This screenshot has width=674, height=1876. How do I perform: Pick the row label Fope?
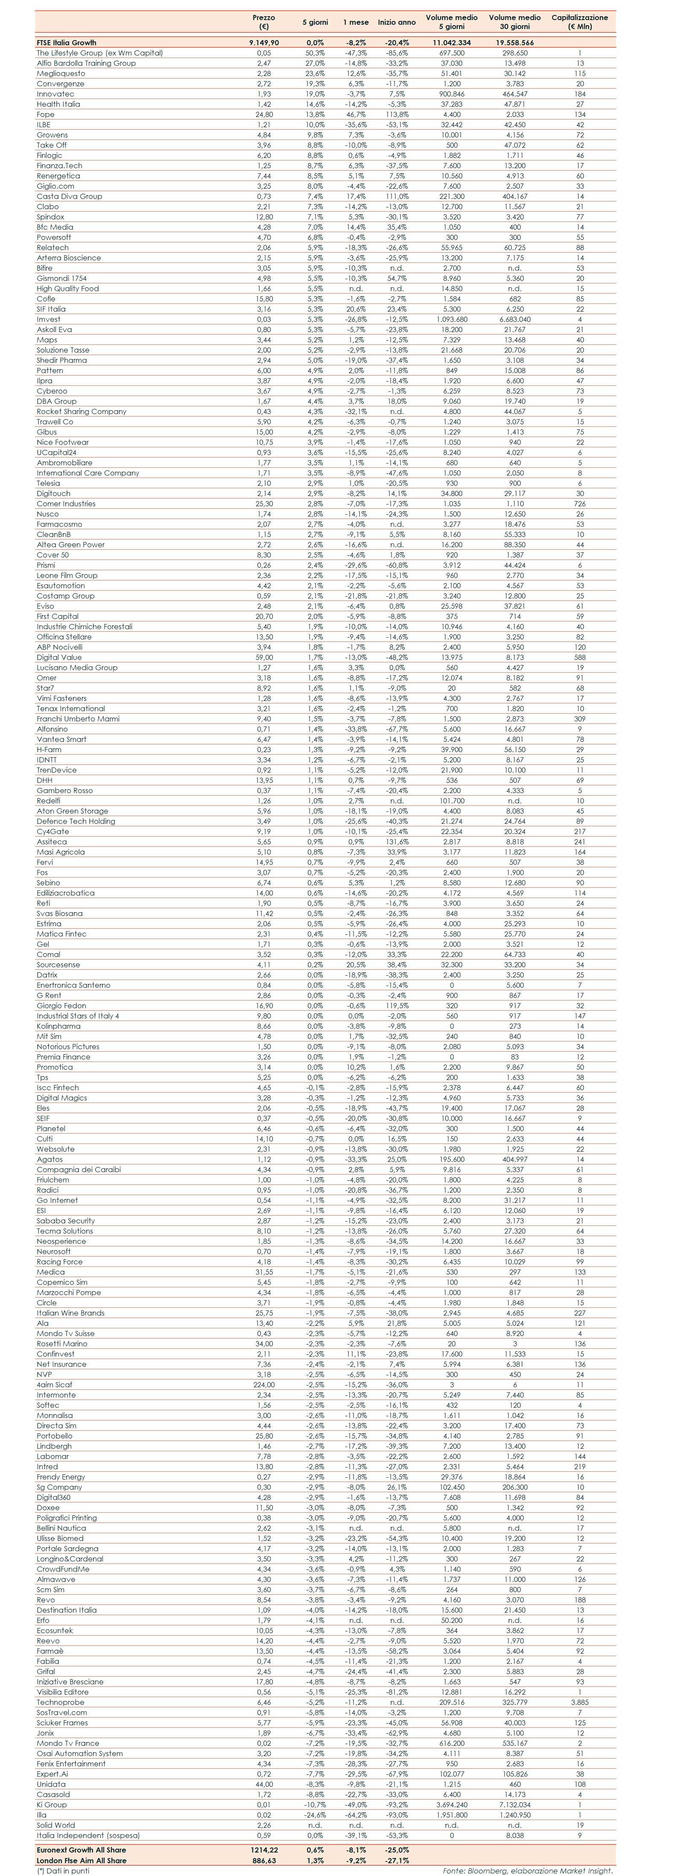pos(45,114)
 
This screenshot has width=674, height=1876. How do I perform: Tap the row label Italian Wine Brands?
pos(71,1313)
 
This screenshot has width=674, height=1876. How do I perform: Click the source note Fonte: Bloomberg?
pos(528,1870)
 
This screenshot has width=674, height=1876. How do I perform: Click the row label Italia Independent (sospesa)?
pos(88,1835)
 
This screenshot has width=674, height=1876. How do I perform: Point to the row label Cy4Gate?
pos(53,832)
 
